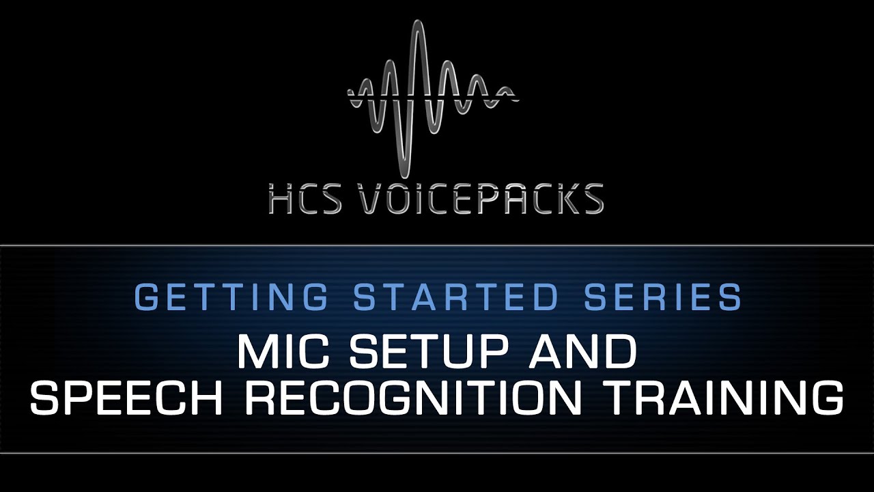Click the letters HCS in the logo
(305, 198)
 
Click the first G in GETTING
(149, 297)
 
